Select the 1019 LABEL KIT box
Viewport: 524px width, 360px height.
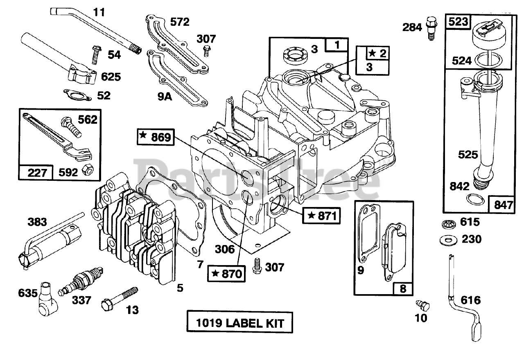pos(240,323)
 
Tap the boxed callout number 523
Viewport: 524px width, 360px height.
pos(458,22)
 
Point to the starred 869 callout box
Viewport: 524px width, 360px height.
pos(155,137)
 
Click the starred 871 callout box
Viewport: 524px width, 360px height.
pos(321,215)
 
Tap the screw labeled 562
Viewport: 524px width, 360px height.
pos(71,127)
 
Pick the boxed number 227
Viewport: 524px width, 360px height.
pos(36,172)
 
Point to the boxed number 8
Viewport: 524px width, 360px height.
pos(403,289)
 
